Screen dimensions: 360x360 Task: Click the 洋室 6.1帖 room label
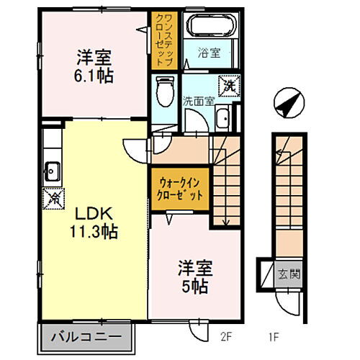[93, 65]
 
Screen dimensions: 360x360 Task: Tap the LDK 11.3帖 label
[93, 222]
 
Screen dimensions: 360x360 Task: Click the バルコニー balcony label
[91, 336]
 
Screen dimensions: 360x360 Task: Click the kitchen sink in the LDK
[52, 171]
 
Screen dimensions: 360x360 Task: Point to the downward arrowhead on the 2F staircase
[226, 222]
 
